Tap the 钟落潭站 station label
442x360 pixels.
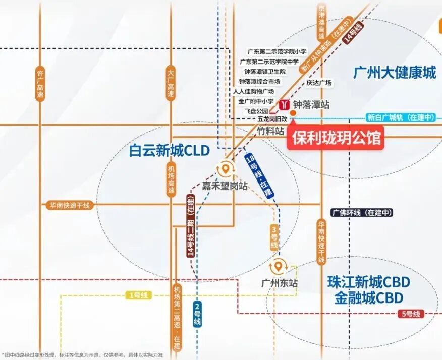pos(311,105)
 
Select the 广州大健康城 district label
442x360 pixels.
pos(395,73)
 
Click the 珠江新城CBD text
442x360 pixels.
pos(368,282)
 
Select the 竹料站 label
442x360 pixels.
pos(270,131)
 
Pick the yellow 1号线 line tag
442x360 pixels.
pos(138,295)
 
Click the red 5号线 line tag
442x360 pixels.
pos(409,314)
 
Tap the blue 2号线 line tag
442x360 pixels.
pos(197,314)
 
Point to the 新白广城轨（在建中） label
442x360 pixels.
pos(401,117)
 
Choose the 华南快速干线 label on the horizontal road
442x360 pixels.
pos(69,205)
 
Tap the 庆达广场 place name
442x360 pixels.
pos(319,82)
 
